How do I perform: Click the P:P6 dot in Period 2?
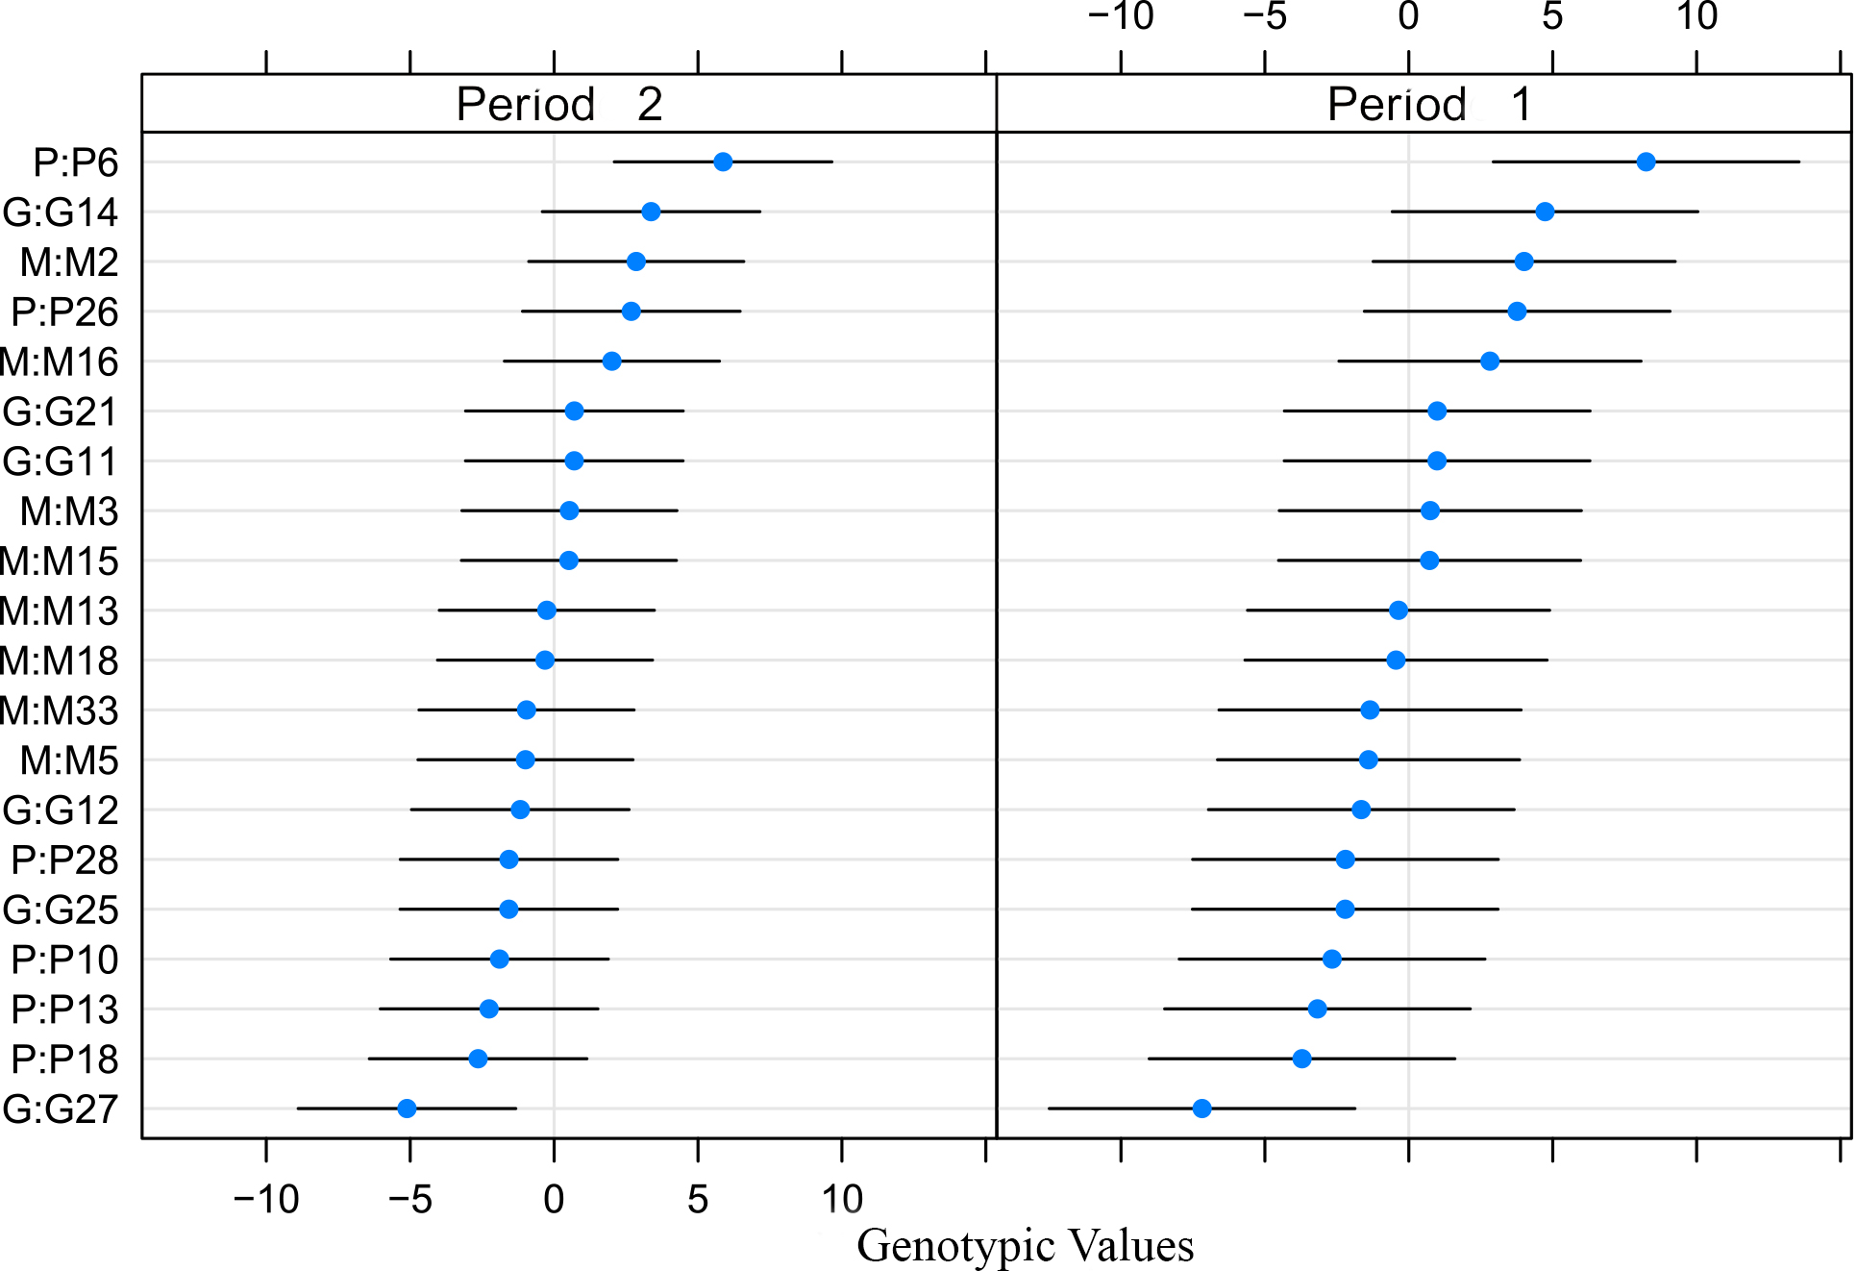tap(723, 162)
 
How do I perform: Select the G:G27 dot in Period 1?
tap(1201, 1109)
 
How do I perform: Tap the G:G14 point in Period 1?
tap(1545, 212)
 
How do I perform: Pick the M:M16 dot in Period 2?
tap(611, 361)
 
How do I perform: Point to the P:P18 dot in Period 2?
tap(478, 1059)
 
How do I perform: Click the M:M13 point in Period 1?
tap(1399, 611)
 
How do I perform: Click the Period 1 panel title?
tap(1429, 104)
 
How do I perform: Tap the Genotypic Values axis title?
tap(1025, 1246)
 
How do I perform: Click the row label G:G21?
tap(61, 411)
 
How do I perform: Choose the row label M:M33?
tap(59, 710)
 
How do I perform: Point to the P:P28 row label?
tap(64, 860)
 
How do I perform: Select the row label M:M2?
tap(69, 262)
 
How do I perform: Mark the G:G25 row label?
tap(61, 910)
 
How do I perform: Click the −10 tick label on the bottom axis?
tap(266, 1199)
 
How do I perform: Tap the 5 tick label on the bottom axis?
tap(698, 1199)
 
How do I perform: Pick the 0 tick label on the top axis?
tap(1408, 16)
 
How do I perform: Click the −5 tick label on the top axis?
tap(1265, 16)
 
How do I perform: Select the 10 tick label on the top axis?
tap(1696, 16)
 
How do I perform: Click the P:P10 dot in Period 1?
tap(1331, 959)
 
